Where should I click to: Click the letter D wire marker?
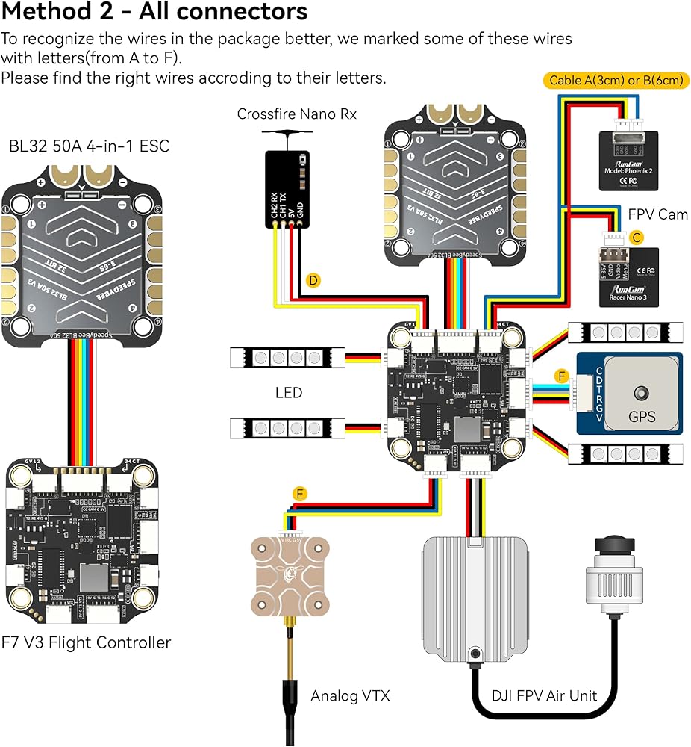313,281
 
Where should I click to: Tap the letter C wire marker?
636,238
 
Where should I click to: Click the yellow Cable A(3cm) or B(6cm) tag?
619,80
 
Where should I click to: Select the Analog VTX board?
291,576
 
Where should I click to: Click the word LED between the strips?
288,391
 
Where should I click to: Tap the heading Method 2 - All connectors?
155,13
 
